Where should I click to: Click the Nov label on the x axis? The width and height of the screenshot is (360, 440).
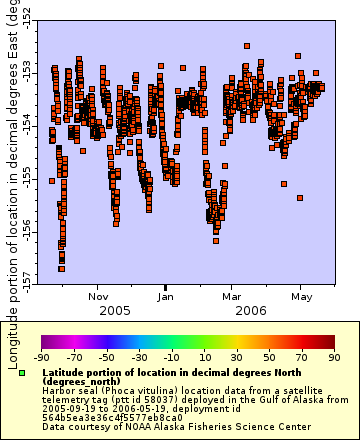tap(98, 296)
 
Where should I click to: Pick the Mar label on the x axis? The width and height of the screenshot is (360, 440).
tap(232, 296)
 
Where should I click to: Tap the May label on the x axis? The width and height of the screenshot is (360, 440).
tap(301, 296)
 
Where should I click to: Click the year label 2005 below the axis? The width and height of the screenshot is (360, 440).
tap(114, 311)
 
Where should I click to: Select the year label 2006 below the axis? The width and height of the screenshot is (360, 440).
tap(250, 311)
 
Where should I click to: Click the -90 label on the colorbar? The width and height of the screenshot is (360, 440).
tap(42, 357)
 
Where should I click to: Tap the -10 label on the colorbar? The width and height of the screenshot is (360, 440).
tap(171, 357)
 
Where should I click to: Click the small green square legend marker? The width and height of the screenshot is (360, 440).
tap(21, 373)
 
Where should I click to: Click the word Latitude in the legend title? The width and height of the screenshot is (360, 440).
tap(65, 371)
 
